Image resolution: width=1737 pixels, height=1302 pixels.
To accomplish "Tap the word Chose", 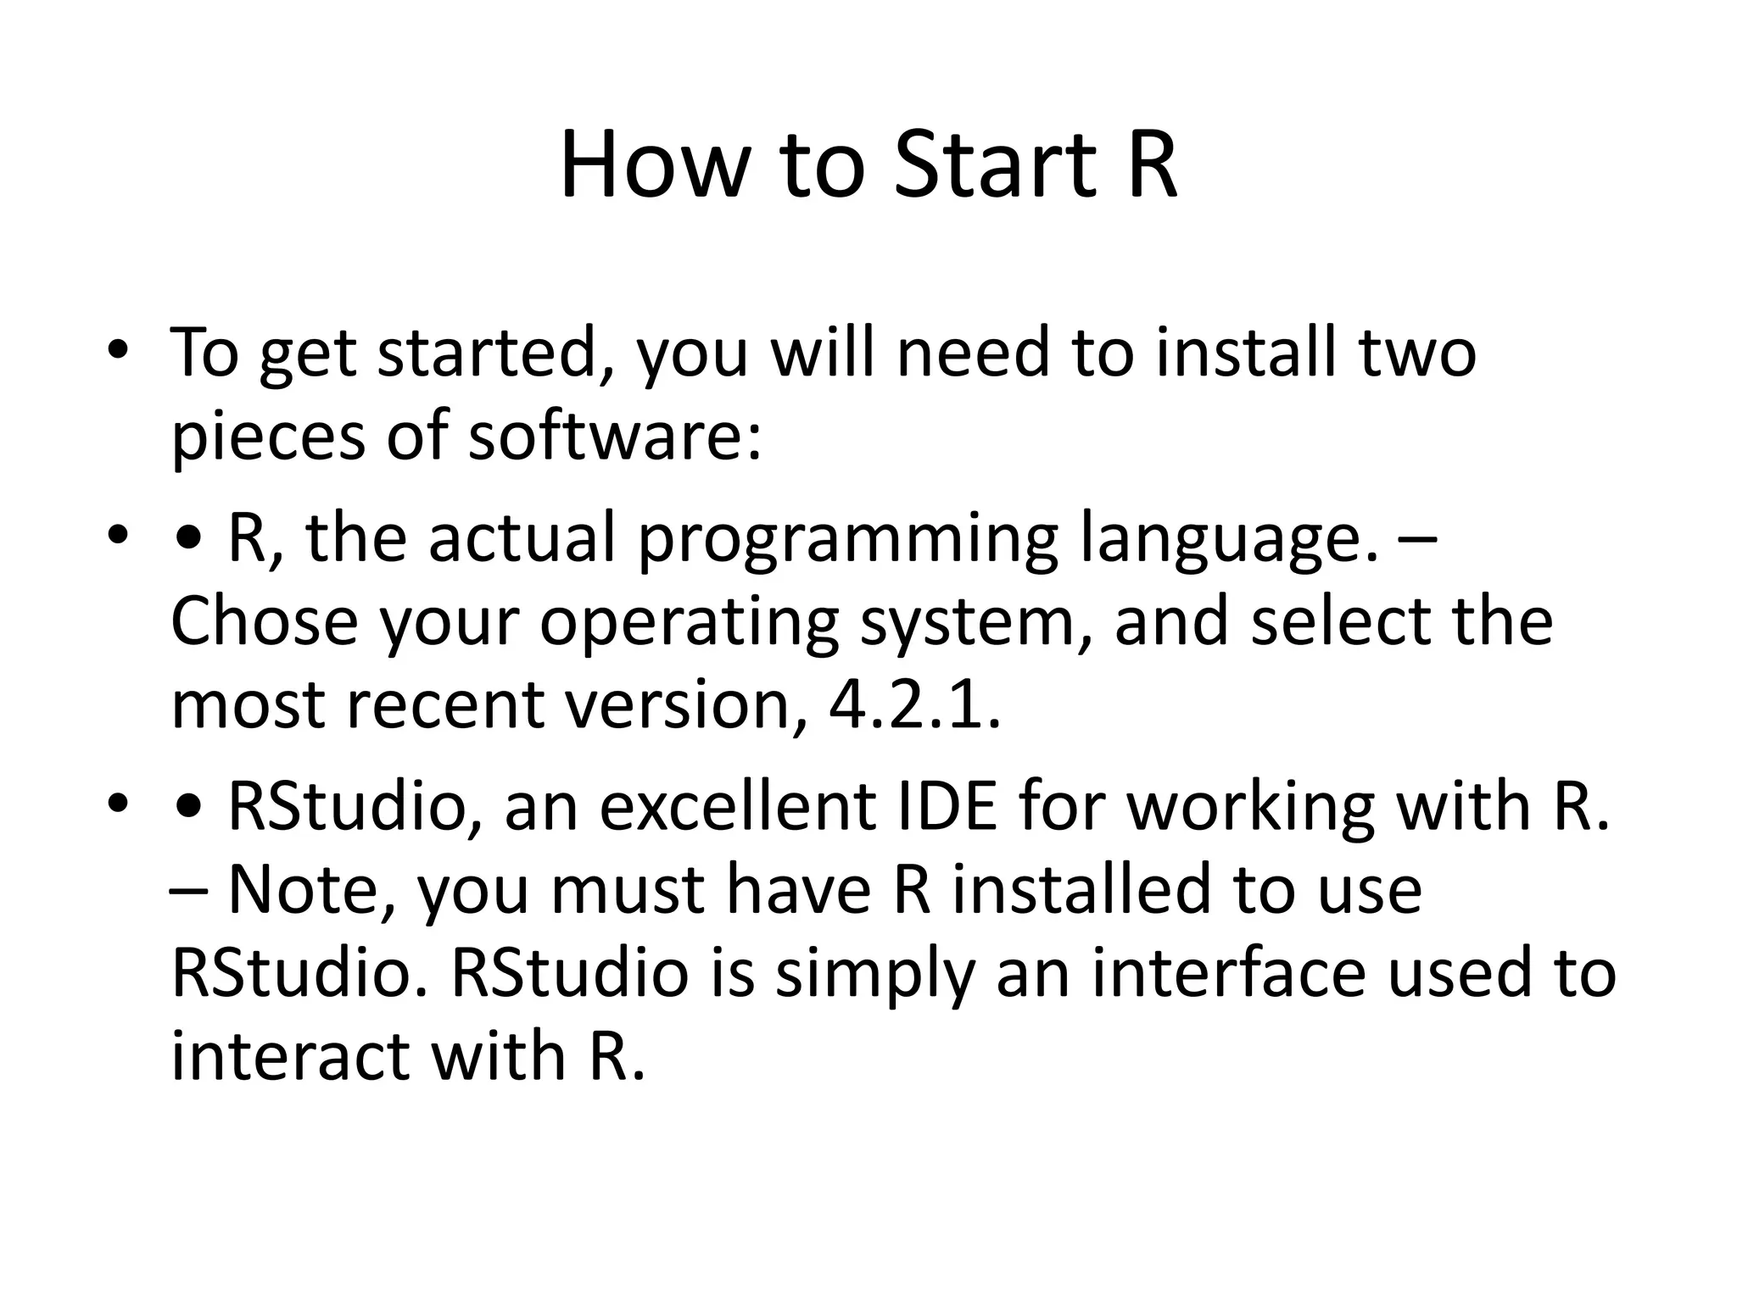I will [x=264, y=621].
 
